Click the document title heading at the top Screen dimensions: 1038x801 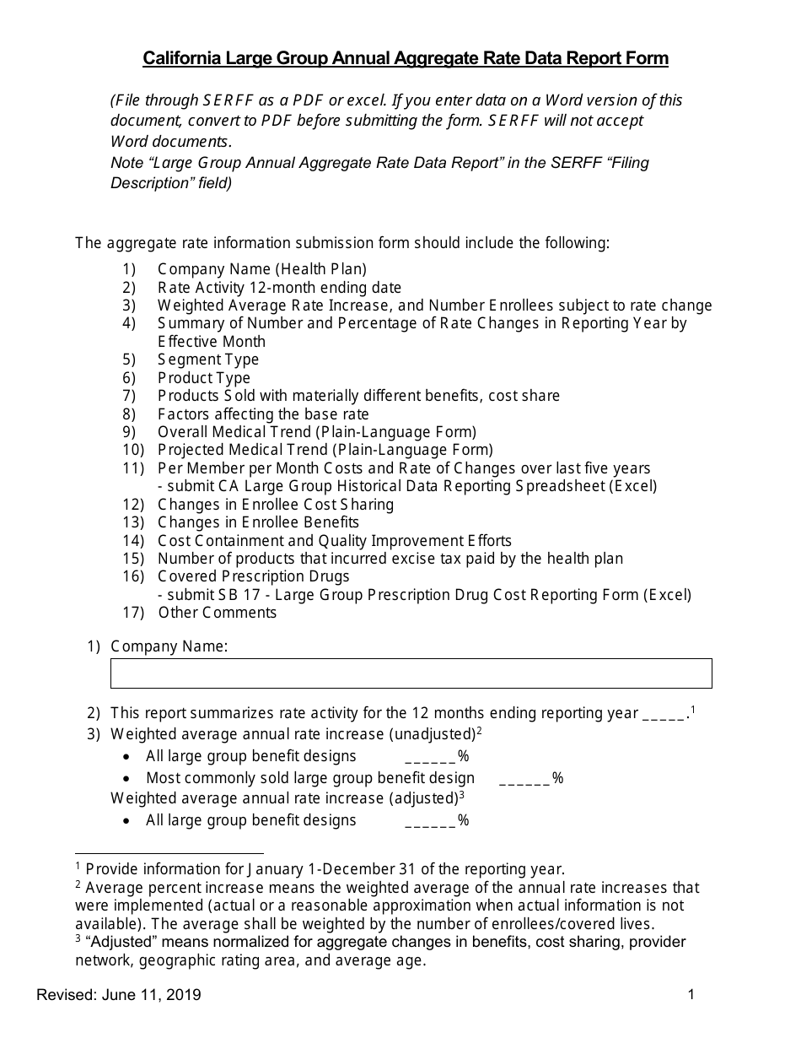pos(406,58)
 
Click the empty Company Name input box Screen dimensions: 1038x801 pos(411,673)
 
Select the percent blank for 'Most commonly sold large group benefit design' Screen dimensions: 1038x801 pos(524,779)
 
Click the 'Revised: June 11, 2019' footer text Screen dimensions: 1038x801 pos(119,995)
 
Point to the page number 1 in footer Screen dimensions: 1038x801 pos(691,994)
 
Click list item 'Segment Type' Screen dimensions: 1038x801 pos(208,360)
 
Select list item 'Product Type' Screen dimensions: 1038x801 pos(204,378)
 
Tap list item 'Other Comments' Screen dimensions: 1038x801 pos(217,613)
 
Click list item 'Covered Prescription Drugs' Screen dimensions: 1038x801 pos(253,576)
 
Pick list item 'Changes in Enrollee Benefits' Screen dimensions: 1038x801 pos(258,522)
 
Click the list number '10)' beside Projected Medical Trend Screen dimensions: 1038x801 pos(133,450)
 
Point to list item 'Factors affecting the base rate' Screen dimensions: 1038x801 pos(263,414)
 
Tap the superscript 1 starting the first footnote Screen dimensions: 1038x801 pos(78,866)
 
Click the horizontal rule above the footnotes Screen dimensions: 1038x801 pos(169,853)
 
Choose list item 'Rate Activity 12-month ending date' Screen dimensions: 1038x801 pos(279,287)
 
